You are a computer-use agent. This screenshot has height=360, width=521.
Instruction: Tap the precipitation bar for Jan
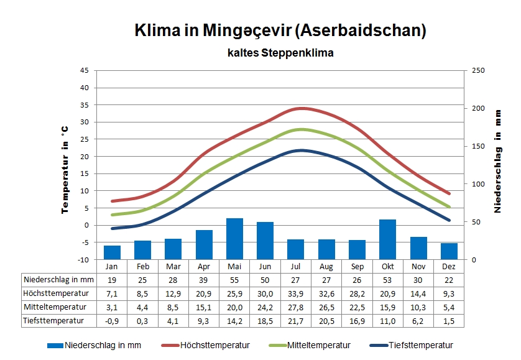click(112, 252)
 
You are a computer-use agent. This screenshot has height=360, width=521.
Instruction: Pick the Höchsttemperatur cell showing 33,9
click(295, 293)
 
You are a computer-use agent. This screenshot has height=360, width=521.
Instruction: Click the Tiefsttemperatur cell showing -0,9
click(112, 321)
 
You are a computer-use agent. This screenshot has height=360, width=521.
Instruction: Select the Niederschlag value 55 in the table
click(234, 280)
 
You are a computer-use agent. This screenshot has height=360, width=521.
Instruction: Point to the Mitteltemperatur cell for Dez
click(449, 307)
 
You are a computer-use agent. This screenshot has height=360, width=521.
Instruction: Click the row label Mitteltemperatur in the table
click(53, 307)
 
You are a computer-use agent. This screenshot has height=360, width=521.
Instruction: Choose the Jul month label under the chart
click(295, 266)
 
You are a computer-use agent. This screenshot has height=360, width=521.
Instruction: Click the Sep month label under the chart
click(357, 266)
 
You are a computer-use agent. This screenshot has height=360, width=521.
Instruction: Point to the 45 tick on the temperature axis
click(85, 70)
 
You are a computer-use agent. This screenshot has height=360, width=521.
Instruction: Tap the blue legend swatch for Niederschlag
click(55, 346)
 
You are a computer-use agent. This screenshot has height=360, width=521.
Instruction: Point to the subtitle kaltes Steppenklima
click(280, 53)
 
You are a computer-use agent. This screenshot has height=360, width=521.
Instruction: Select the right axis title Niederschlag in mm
click(497, 162)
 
